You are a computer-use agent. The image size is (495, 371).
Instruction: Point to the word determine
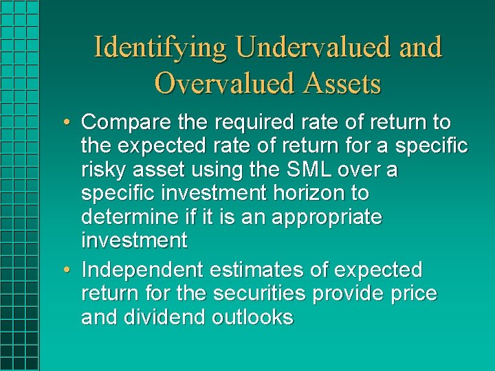(x=126, y=217)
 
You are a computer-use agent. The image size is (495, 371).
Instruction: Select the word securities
(x=260, y=294)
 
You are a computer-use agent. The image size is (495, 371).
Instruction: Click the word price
(x=413, y=294)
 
